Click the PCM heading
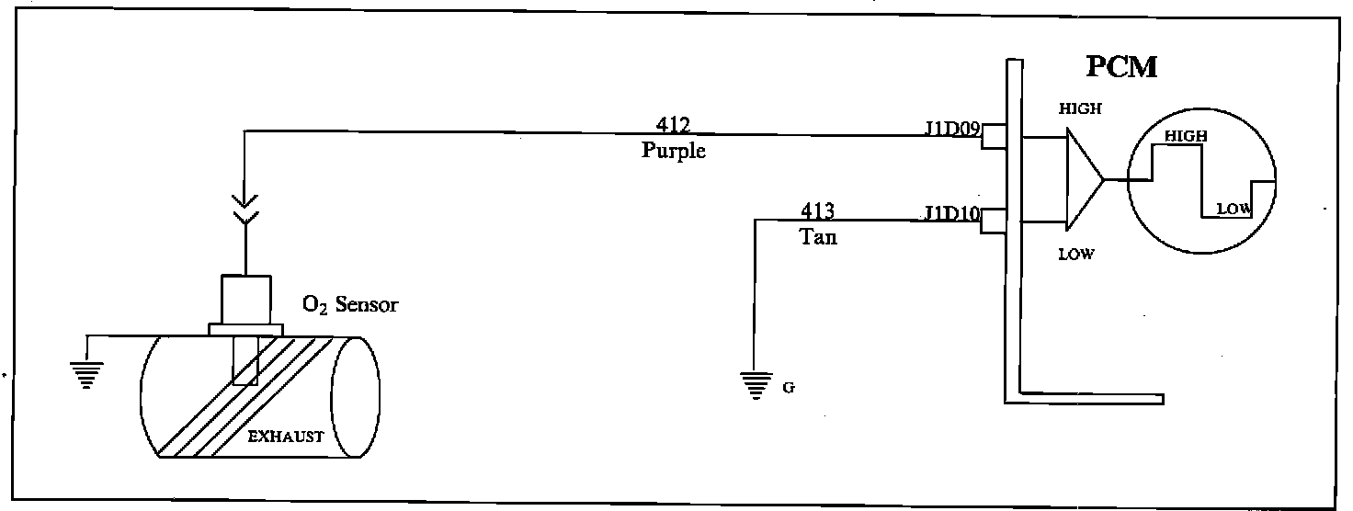coord(1120,67)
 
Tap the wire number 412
coord(674,124)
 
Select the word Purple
coord(674,150)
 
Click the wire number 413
coord(817,211)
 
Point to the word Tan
coord(817,236)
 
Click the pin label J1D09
coord(952,128)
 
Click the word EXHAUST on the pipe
coord(287,437)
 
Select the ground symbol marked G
coord(756,384)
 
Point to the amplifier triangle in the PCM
coord(1083,179)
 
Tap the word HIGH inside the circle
coord(1186,136)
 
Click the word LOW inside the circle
coord(1234,209)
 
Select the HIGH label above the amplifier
coord(1080,108)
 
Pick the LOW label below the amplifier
coord(1075,255)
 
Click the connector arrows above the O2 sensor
coord(244,210)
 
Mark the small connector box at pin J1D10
coord(993,221)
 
